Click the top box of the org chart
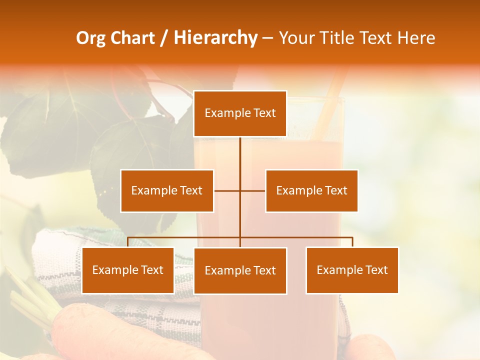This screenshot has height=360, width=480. coord(240,113)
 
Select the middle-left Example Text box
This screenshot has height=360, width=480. coord(167,190)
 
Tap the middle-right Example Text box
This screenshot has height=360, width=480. coord(311,190)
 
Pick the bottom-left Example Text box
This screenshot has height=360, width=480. coord(128,270)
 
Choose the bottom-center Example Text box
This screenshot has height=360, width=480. coord(240,270)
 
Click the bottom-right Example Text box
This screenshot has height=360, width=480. coord(352,270)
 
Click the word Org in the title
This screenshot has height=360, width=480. coord(90,38)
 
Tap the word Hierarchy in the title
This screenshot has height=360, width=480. coord(215,38)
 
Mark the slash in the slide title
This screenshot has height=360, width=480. coord(164,38)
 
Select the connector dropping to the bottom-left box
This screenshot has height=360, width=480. coord(128,242)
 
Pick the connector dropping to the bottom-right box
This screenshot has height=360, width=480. coord(352,242)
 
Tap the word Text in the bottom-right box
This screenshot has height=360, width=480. coord(376,270)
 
